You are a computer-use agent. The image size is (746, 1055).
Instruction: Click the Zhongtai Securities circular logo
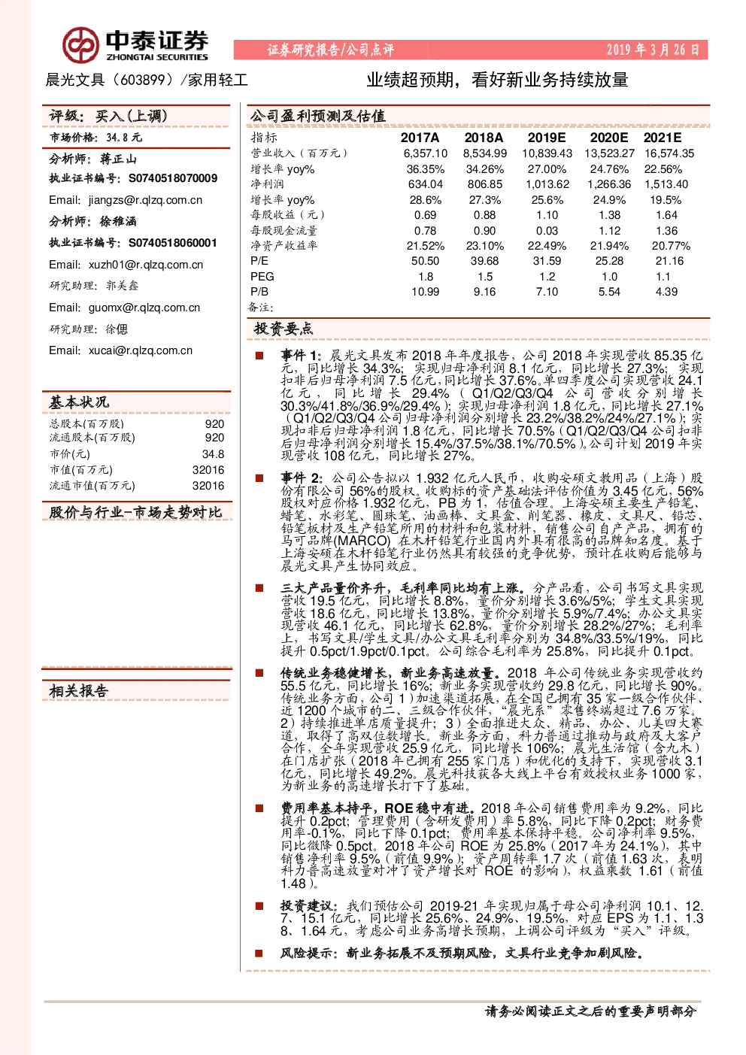click(x=81, y=45)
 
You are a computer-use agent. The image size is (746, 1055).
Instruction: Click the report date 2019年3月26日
click(x=652, y=50)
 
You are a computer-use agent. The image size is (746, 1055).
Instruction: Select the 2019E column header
click(x=546, y=138)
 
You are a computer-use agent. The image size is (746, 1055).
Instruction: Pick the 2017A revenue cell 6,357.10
click(x=426, y=153)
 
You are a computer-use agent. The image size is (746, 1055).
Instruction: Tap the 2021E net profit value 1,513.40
click(x=666, y=184)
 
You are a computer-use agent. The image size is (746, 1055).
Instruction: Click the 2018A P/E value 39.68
click(x=484, y=261)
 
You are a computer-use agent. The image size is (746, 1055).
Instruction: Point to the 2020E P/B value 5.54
click(x=609, y=292)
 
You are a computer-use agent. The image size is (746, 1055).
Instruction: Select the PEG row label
click(x=262, y=277)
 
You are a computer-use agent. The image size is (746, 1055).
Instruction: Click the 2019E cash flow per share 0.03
click(x=547, y=231)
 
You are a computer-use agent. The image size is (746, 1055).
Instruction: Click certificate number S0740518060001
click(x=173, y=243)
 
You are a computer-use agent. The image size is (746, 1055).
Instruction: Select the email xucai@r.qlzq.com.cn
click(x=141, y=350)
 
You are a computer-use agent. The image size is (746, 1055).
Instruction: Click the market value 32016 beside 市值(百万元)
click(x=208, y=470)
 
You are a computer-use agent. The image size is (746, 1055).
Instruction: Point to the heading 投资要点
click(x=283, y=329)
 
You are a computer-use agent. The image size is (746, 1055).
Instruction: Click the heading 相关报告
click(x=79, y=691)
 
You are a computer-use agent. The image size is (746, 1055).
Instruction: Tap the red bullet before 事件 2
click(x=259, y=478)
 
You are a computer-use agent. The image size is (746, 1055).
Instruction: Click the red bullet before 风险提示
click(x=259, y=953)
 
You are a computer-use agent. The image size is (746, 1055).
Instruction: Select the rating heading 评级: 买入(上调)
click(x=108, y=116)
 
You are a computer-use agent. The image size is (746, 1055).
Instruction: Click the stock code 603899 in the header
click(x=143, y=80)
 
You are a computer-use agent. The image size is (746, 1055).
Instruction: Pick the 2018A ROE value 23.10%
click(x=484, y=246)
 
